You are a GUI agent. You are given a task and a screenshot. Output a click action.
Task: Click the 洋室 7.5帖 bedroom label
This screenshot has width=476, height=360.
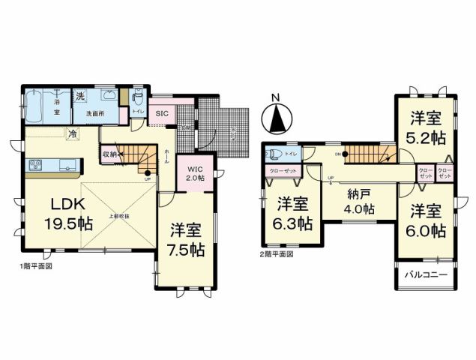(187, 238)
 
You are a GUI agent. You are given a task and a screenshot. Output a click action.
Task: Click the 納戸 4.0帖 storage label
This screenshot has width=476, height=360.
(360, 202)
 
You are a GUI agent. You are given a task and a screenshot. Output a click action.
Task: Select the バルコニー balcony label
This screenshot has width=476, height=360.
(427, 275)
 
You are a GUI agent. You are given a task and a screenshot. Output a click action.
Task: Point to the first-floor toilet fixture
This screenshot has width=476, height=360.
(137, 100)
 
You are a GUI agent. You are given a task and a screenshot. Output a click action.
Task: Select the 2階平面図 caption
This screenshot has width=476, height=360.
(277, 254)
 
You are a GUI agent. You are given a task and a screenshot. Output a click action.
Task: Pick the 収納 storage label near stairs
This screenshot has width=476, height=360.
(109, 155)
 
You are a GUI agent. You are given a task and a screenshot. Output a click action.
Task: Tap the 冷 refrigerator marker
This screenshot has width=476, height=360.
(73, 133)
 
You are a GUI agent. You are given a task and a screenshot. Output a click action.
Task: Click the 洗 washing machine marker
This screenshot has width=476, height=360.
(79, 97)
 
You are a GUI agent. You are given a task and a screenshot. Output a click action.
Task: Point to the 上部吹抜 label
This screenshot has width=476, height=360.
(122, 215)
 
